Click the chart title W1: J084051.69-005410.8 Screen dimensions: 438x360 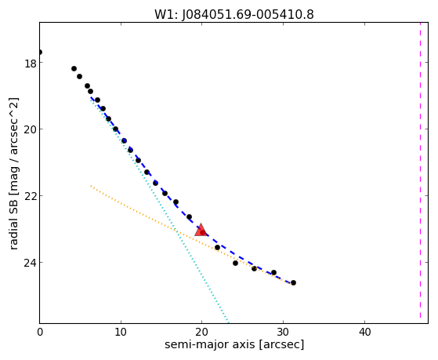tap(234, 14)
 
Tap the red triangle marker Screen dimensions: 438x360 tap(201, 230)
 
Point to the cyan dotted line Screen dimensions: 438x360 tap(159, 209)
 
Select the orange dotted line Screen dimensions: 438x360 tap(191, 235)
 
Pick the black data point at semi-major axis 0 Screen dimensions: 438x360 tap(40, 53)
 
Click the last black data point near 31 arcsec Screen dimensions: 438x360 tap(293, 283)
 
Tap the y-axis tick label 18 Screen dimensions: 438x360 tap(31, 64)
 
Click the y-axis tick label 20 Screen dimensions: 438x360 tap(31, 129)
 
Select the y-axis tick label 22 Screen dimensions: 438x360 tap(31, 196)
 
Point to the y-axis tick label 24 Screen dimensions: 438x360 tap(31, 263)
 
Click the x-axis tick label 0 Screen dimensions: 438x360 tap(40, 332)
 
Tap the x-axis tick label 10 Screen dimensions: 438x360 tap(121, 332)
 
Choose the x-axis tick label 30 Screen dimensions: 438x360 tap(283, 332)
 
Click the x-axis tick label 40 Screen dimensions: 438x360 tap(364, 332)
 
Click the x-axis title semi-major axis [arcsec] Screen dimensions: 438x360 tap(234, 344)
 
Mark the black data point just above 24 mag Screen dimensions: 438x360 tap(236, 263)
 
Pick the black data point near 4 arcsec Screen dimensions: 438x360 tap(74, 69)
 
